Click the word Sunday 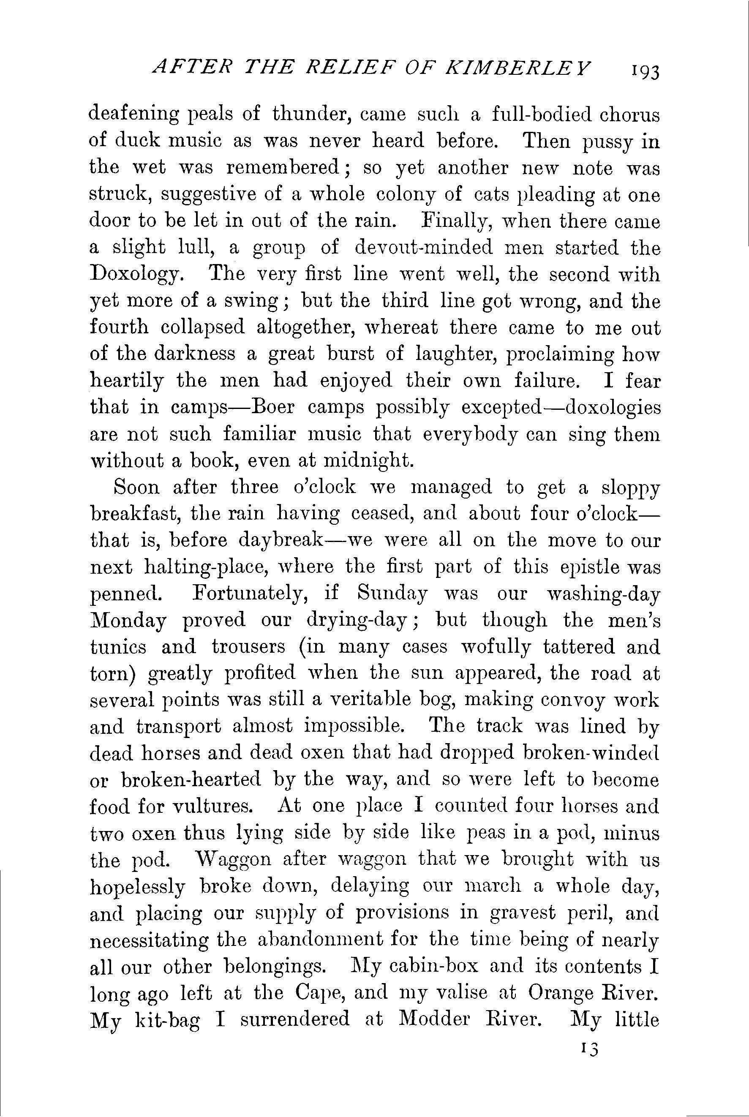coord(392,594)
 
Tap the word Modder coord(433,1019)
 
